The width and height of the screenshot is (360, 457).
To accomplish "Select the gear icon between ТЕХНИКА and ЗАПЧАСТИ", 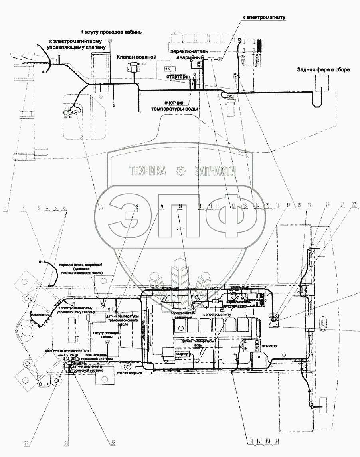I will pyautogui.click(x=181, y=171).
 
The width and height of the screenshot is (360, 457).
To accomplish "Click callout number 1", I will pyautogui.click(x=4, y=207).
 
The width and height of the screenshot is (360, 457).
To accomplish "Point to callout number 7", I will pyautogui.click(x=102, y=207).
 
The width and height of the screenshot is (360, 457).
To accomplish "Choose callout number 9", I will pyautogui.click(x=162, y=206).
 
